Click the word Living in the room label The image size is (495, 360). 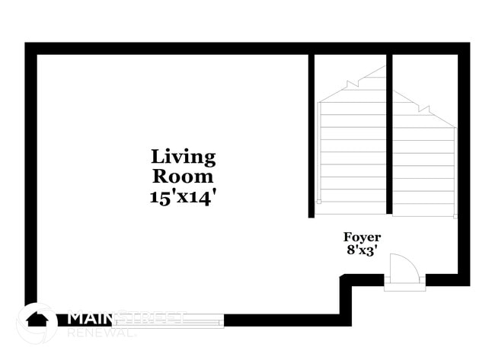click(x=184, y=158)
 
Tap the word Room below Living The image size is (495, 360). click(x=183, y=177)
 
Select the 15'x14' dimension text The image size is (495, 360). click(x=183, y=197)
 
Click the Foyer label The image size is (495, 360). click(x=362, y=237)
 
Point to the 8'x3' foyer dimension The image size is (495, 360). click(x=362, y=250)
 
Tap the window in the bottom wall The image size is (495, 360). click(x=168, y=321)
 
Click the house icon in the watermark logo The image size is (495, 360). click(x=37, y=320)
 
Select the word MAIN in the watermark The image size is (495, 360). click(x=90, y=319)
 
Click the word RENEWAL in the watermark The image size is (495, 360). click(x=101, y=333)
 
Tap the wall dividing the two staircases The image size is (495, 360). click(x=389, y=134)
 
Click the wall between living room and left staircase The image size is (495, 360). click(x=311, y=136)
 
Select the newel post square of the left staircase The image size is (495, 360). click(x=319, y=202)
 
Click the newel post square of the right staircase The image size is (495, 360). click(x=455, y=216)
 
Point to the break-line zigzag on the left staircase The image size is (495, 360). click(x=353, y=84)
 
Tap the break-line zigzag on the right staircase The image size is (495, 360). click(x=424, y=109)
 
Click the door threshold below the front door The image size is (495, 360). click(x=404, y=287)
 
